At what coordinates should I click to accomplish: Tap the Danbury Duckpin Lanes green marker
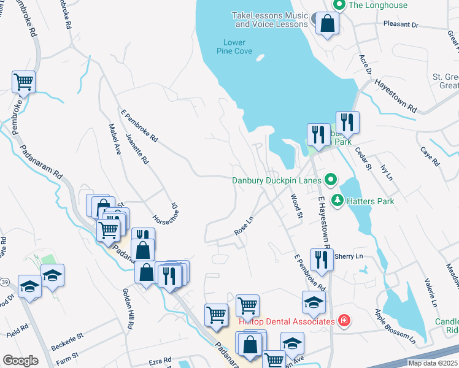pos(331,180)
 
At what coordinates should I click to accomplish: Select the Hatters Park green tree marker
pos(337,200)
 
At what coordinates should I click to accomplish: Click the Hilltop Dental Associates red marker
pos(344,321)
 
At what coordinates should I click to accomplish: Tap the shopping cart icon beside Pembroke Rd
pos(23,81)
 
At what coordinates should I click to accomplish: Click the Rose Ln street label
pos(244,225)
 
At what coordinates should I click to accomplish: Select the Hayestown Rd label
pos(395,96)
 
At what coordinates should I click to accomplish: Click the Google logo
pos(20,361)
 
